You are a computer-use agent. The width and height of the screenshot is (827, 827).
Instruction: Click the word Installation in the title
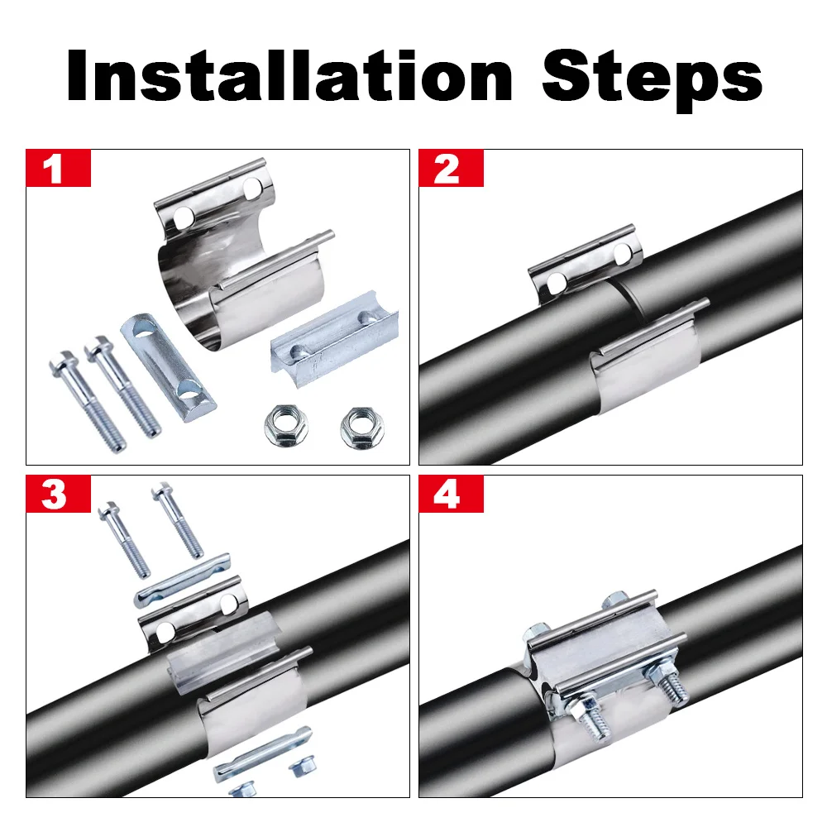[289, 75]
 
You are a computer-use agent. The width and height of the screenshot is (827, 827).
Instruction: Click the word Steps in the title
[652, 79]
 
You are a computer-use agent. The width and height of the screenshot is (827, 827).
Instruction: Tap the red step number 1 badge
[58, 168]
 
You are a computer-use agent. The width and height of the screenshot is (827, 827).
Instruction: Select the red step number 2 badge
[451, 168]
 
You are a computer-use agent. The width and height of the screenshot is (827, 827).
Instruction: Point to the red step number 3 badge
[58, 494]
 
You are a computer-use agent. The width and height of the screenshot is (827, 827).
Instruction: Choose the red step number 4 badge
[451, 494]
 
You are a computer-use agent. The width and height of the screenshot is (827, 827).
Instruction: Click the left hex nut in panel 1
[286, 424]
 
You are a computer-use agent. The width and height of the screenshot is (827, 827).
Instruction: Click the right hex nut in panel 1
[362, 428]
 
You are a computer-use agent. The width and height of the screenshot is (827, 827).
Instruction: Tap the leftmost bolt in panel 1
[88, 401]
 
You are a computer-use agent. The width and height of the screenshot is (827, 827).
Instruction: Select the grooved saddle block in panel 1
[334, 340]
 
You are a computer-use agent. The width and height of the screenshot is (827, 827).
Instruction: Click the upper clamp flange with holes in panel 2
[586, 263]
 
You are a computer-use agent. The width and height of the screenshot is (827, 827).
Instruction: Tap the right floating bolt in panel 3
[177, 519]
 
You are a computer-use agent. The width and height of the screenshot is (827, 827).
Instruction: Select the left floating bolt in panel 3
[125, 538]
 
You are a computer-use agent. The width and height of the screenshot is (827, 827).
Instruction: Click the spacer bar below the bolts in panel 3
[182, 579]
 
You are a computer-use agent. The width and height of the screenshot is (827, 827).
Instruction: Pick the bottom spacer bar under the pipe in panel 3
[261, 753]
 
